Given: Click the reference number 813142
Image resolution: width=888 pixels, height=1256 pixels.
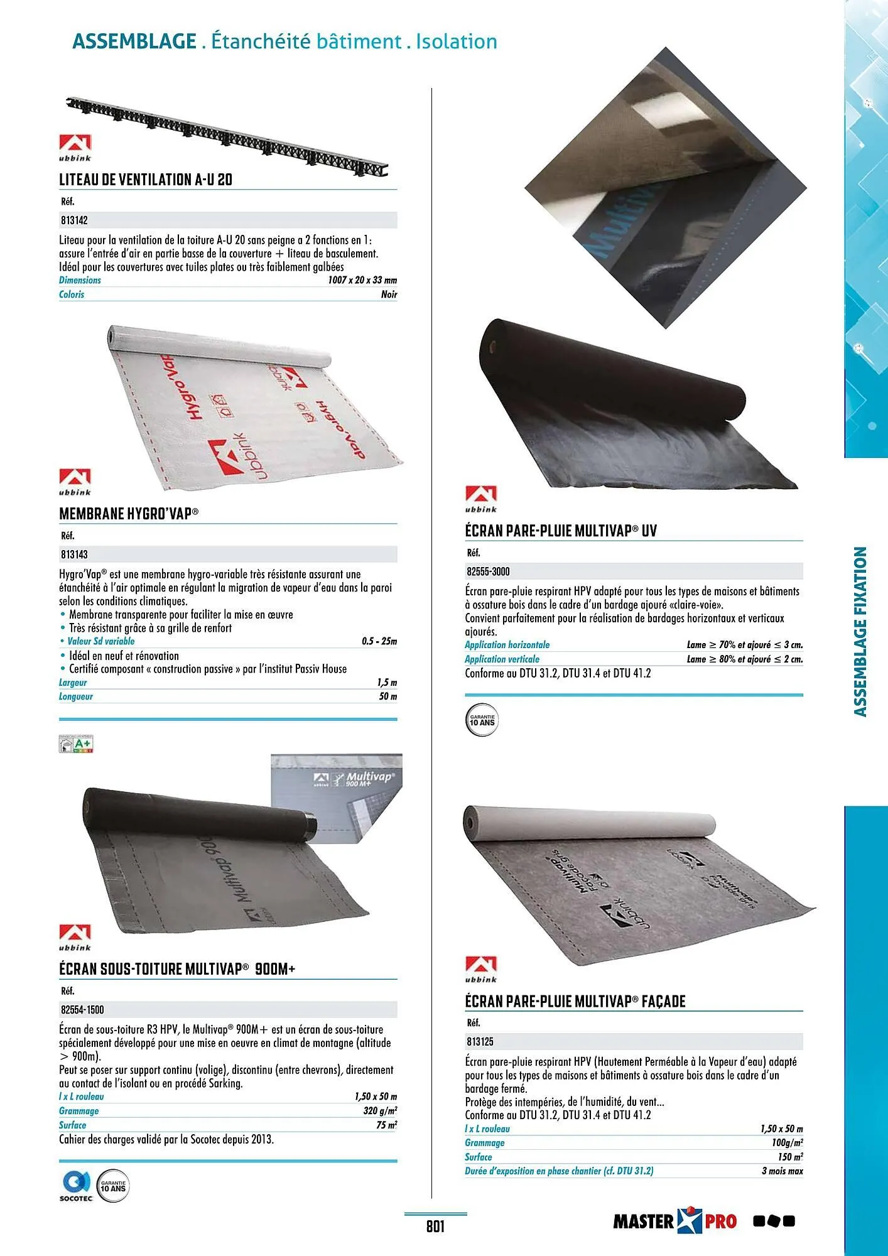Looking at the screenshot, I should [73, 220].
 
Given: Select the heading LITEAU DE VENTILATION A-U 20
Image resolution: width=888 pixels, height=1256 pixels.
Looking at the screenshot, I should [146, 180].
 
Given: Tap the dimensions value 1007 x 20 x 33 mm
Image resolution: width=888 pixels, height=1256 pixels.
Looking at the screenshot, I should [362, 280].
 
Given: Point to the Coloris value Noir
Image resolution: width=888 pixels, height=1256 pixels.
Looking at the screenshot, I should [389, 294].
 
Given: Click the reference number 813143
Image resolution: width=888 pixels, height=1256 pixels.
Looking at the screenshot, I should [73, 555].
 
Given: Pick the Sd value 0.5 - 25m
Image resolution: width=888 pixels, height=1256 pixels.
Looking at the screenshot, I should [379, 641].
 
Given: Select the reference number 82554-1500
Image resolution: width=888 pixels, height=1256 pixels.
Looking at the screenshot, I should [82, 1010].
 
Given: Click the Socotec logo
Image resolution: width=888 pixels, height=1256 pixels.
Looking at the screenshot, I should [76, 1186].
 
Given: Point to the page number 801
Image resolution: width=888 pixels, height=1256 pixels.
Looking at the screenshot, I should [435, 1226].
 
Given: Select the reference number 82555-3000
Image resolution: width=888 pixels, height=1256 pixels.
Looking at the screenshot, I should [488, 571].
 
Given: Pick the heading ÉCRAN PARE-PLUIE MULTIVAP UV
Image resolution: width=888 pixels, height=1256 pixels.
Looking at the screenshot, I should [561, 531].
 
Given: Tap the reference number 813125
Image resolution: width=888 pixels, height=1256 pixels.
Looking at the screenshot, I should [480, 1041].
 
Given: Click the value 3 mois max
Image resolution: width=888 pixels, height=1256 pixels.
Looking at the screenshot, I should [782, 1171].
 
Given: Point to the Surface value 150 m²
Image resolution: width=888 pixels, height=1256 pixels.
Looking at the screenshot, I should [790, 1157].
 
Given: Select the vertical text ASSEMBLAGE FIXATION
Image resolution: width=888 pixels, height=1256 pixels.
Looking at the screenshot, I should [860, 631].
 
